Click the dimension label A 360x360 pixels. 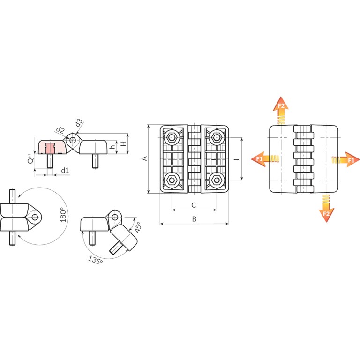click(x=145, y=158)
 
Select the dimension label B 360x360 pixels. click(x=194, y=219)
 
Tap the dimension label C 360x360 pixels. click(x=194, y=205)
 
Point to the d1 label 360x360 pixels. click(x=65, y=170)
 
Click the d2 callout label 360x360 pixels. click(x=60, y=130)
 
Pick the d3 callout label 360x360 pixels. click(x=79, y=123)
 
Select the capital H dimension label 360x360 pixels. click(x=124, y=144)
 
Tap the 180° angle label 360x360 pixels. click(x=63, y=215)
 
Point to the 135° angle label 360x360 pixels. click(x=96, y=260)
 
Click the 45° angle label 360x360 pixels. click(x=137, y=227)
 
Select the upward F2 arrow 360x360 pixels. click(x=281, y=111)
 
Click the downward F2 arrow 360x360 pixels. click(x=326, y=209)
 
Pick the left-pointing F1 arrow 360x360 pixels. click(x=265, y=158)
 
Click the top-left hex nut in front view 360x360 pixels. click(x=171, y=137)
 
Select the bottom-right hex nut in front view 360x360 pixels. click(x=216, y=180)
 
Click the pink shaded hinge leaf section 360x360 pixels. click(x=52, y=147)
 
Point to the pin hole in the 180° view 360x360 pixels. click(x=35, y=217)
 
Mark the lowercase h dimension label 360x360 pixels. click(x=112, y=146)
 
